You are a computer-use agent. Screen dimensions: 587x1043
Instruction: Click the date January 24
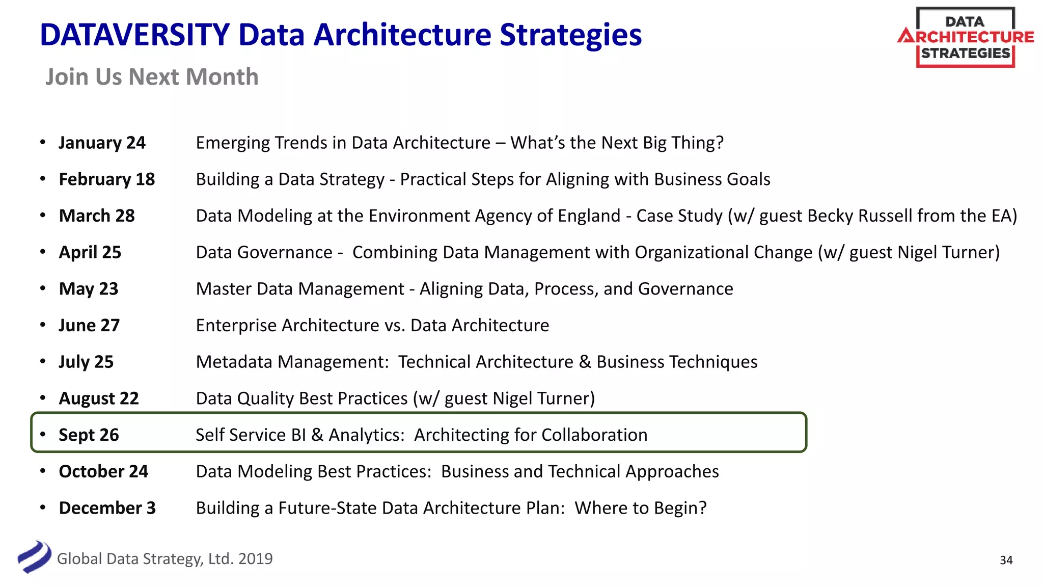click(102, 143)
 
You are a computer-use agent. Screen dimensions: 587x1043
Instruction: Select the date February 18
click(106, 179)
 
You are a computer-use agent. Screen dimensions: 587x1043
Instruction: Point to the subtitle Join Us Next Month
click(152, 77)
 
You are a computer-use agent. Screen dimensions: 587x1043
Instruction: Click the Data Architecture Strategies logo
click(965, 38)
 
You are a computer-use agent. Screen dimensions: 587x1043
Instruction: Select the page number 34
click(1006, 560)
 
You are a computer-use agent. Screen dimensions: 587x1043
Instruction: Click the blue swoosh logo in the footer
click(34, 557)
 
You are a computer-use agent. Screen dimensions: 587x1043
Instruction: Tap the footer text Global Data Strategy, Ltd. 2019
click(164, 559)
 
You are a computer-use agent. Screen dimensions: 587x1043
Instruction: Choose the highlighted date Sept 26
click(89, 435)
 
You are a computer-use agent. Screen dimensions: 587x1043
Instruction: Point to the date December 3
click(107, 508)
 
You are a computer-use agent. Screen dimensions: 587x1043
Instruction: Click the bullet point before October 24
click(43, 471)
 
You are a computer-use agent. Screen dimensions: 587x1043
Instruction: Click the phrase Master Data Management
click(300, 289)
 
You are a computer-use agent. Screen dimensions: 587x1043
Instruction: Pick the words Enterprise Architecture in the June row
click(288, 326)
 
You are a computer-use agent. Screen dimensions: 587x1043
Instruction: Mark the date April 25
click(90, 252)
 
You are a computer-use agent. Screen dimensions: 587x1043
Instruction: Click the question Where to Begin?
click(641, 508)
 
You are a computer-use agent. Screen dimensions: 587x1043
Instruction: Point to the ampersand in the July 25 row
click(585, 362)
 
